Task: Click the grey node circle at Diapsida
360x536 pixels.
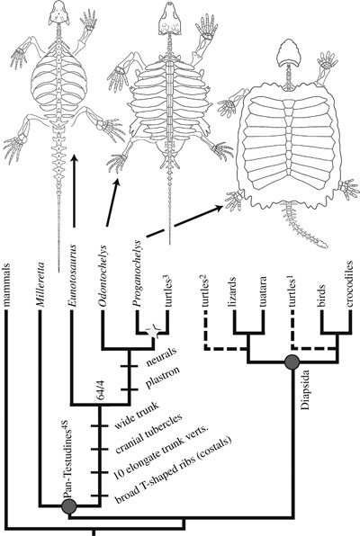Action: tap(292, 362)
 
